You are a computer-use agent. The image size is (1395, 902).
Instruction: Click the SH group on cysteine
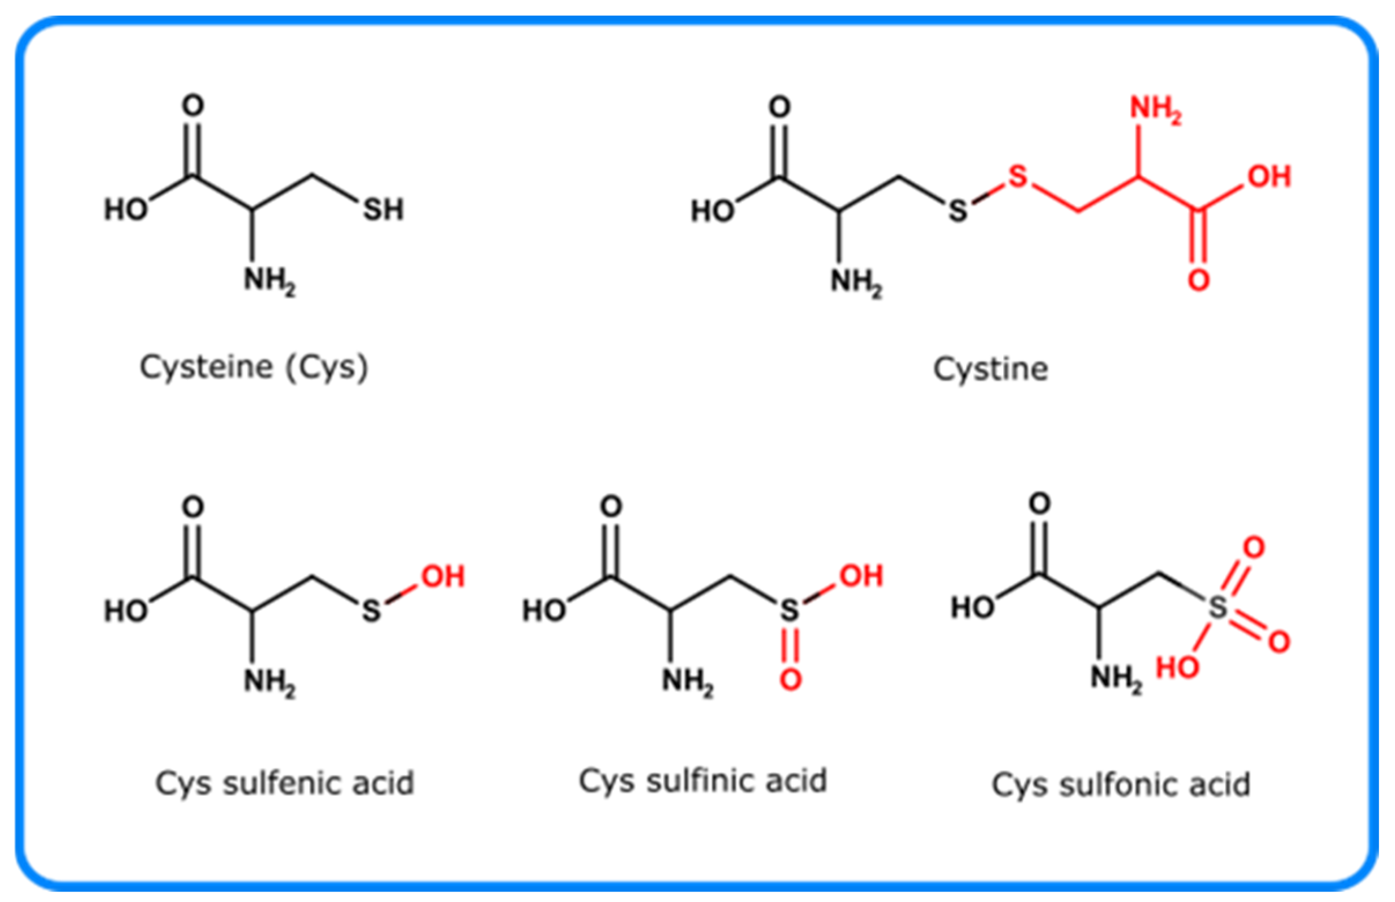point(383,210)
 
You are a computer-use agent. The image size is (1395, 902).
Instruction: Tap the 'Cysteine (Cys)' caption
point(254,368)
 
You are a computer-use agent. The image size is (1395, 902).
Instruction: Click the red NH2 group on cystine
point(1154,109)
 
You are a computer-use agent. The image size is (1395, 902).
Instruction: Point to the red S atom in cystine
point(1018,176)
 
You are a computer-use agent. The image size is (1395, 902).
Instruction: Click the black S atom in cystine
point(958,210)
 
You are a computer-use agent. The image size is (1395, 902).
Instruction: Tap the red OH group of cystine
point(1268,176)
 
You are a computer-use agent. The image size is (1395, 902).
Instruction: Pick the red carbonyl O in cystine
point(1198,280)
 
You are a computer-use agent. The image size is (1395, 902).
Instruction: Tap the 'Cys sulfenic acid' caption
point(285,782)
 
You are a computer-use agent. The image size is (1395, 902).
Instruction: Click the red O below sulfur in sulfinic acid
point(790,680)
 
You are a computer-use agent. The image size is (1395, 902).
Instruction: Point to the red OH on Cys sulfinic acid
point(861,576)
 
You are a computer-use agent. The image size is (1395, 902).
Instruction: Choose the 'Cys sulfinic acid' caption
point(702,780)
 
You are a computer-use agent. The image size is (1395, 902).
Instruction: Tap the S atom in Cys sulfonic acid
point(1218,607)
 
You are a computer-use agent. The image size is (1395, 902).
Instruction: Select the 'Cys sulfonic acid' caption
point(1121,784)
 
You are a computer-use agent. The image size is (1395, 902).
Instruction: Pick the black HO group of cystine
point(712,211)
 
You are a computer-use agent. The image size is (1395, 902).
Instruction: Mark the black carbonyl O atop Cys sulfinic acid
point(611,507)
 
